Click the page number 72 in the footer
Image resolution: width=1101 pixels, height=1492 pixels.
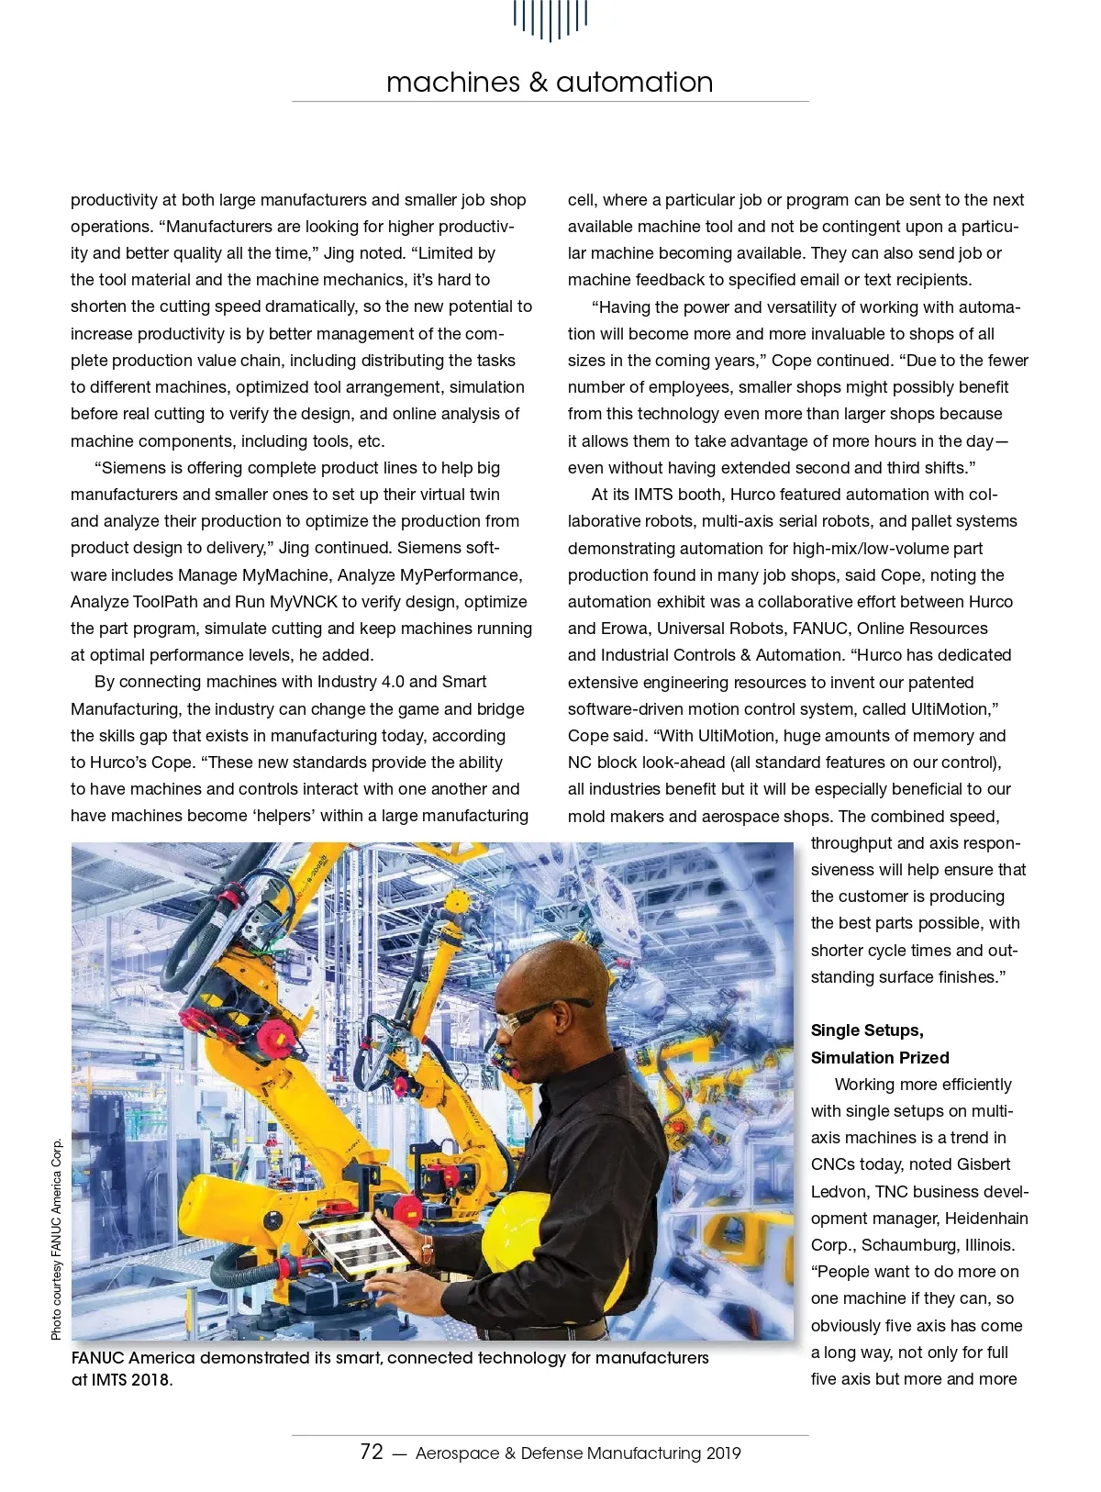(372, 1452)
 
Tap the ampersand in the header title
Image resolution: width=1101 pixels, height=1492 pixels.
(538, 83)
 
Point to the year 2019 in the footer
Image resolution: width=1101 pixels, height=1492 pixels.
(723, 1453)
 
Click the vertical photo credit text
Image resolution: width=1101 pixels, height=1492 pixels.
(57, 1238)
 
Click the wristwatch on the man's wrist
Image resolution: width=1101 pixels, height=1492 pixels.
(427, 1249)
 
